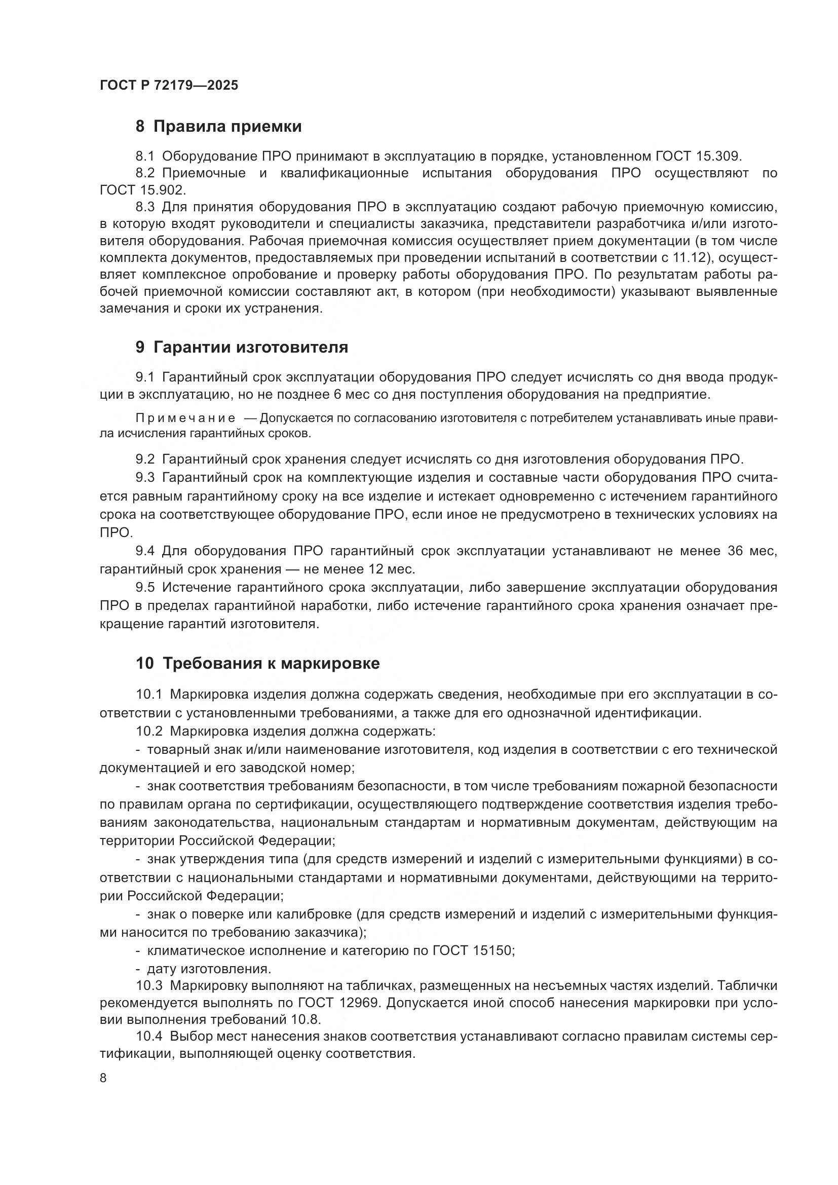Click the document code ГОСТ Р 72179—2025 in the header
tap(169, 86)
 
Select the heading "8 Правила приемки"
tap(219, 127)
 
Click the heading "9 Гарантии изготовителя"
tap(242, 348)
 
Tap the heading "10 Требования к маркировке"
tap(258, 663)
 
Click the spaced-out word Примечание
tap(185, 418)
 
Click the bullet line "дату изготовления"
tap(209, 968)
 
